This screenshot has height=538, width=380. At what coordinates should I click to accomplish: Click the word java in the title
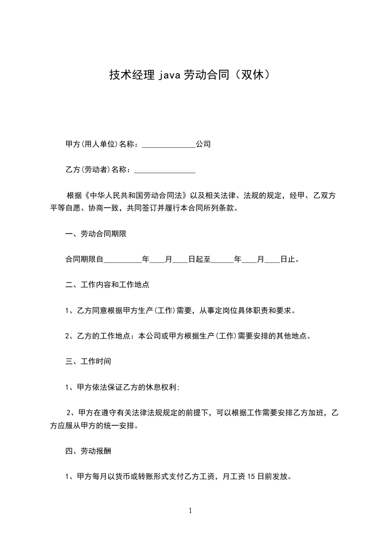(167, 75)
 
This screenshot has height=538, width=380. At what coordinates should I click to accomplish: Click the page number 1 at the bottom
(190, 511)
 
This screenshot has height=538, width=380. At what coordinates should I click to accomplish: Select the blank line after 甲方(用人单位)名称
(169, 144)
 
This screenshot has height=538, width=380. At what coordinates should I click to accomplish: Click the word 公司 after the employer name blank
(203, 144)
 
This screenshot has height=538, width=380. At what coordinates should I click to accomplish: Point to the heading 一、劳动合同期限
(96, 234)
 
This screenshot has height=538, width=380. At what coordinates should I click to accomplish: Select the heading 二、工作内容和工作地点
(107, 284)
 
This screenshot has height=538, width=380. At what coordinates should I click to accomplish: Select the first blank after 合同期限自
(123, 260)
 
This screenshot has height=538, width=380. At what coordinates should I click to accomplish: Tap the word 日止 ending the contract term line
(288, 259)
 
